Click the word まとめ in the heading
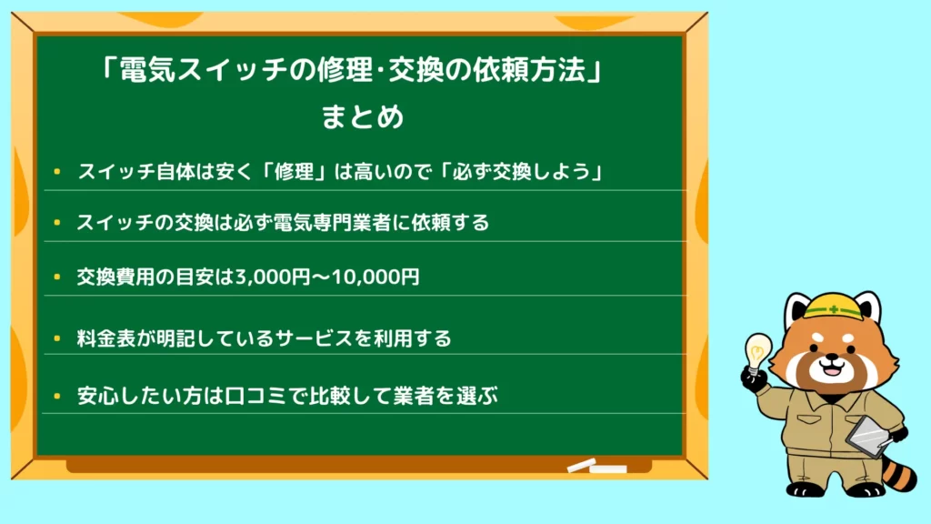pos(362,116)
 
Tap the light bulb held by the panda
pos(758,352)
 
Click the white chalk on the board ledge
pos(596,466)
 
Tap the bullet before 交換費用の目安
pos(57,277)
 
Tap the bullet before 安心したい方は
pos(57,397)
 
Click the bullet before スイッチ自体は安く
pos(57,172)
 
